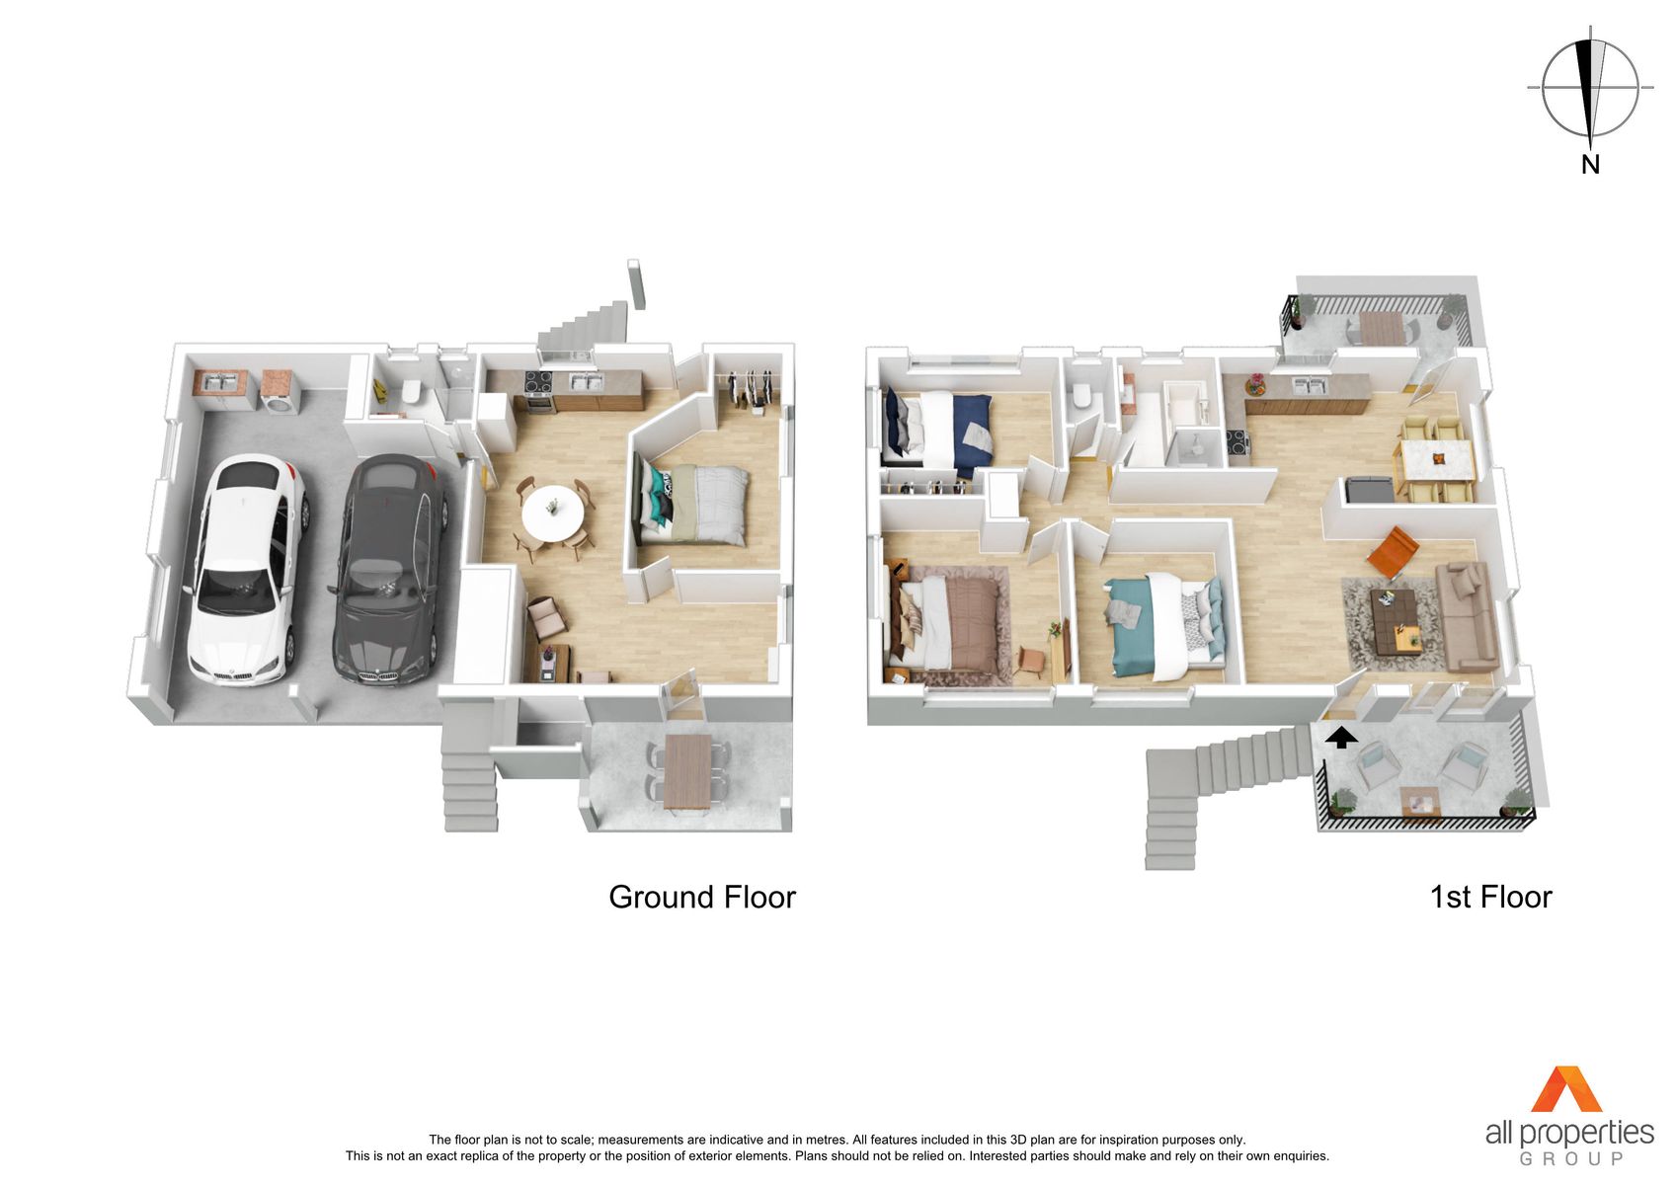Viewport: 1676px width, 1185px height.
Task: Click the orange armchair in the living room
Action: tap(1393, 552)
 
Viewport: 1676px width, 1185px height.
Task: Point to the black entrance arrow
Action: tap(1341, 739)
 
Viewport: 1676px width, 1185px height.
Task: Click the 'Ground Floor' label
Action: tap(702, 897)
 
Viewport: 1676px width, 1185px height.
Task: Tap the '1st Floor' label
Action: tap(1490, 897)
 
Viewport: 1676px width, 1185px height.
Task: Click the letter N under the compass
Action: tap(1590, 165)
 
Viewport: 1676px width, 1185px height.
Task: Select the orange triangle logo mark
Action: tap(1566, 1088)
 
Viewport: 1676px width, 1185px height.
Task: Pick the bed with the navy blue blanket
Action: tap(938, 431)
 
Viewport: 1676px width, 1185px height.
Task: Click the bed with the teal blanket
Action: tap(1165, 625)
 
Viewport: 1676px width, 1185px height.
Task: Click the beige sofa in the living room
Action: tap(1468, 616)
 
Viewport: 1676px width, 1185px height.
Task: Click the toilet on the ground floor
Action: tap(411, 392)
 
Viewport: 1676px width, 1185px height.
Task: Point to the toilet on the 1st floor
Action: tap(1080, 395)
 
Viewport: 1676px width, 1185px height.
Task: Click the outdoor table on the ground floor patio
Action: tap(686, 771)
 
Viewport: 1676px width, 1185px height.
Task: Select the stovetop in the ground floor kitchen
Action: tap(538, 382)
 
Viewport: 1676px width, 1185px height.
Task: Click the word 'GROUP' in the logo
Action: tap(1571, 1159)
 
